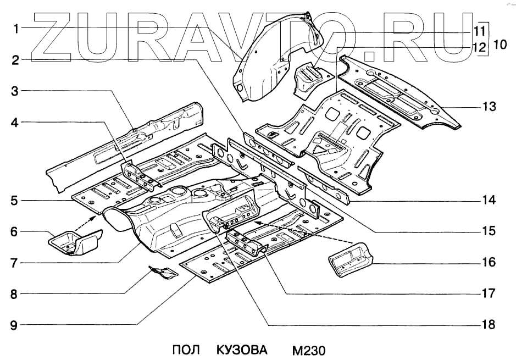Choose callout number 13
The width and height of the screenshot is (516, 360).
[489, 107]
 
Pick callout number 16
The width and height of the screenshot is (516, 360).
[489, 263]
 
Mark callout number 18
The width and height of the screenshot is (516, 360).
[489, 325]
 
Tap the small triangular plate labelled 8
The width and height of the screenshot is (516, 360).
[164, 272]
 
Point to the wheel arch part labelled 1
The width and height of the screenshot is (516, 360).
[264, 60]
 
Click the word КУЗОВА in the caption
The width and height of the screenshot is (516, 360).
[242, 350]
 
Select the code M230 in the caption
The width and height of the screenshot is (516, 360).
[309, 350]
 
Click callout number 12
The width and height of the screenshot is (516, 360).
[479, 47]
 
